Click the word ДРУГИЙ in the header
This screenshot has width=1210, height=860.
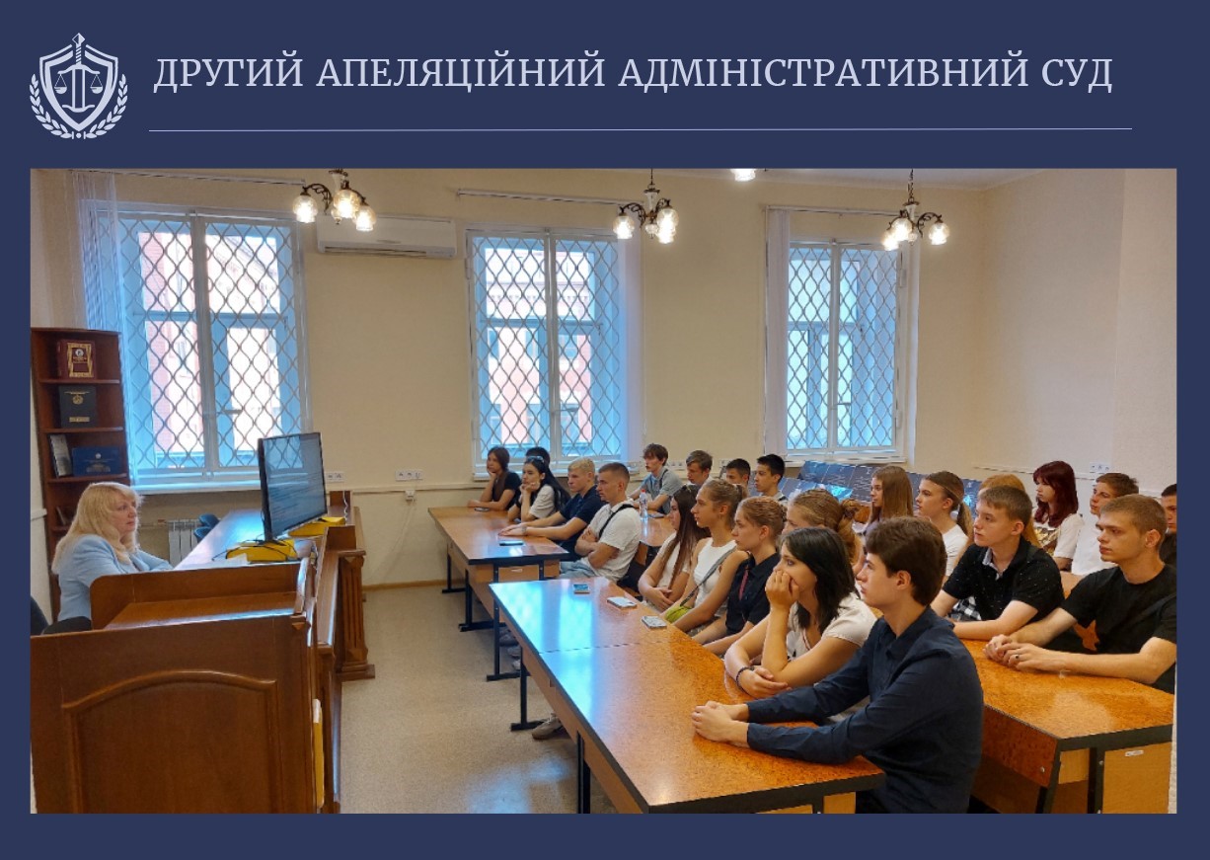point(229,73)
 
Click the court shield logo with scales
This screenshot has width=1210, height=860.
point(79,87)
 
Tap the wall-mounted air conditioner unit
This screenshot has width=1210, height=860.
point(386,236)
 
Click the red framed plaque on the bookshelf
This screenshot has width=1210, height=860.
point(76,358)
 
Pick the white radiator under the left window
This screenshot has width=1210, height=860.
point(184,540)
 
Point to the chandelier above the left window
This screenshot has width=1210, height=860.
point(335,201)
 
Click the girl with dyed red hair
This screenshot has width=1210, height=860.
point(1055,512)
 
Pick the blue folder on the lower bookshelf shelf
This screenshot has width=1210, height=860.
point(96,461)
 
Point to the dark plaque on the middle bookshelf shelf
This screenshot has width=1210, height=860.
point(77,406)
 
